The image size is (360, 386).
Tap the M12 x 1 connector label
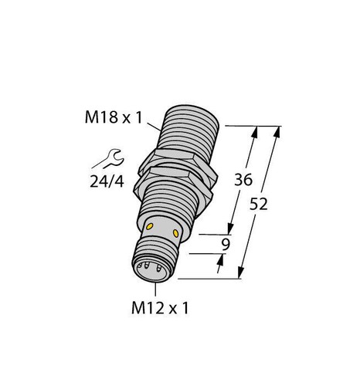(x=158, y=307)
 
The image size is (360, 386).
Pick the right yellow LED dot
(x=178, y=232)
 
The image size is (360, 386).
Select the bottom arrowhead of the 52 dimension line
(x=242, y=273)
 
